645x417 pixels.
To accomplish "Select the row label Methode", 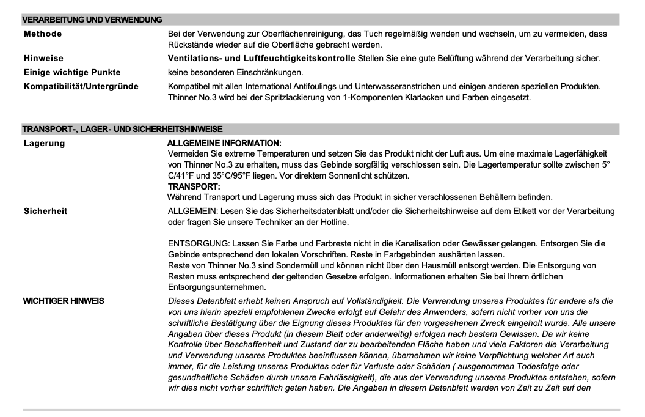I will tap(43, 34).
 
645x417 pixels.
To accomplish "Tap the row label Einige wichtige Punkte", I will tap(72, 72).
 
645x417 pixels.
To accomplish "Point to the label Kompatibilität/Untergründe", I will tap(81, 86).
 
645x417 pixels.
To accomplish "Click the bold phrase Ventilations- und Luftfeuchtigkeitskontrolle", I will tap(261, 59).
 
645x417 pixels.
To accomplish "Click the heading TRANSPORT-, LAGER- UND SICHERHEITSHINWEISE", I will tap(122, 129).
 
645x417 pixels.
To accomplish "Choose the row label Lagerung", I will tap(45, 143).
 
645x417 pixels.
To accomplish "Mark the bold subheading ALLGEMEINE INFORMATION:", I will tap(224, 143).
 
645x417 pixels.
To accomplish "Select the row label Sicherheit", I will tap(46, 211).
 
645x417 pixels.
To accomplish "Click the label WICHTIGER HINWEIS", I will tap(64, 301).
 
